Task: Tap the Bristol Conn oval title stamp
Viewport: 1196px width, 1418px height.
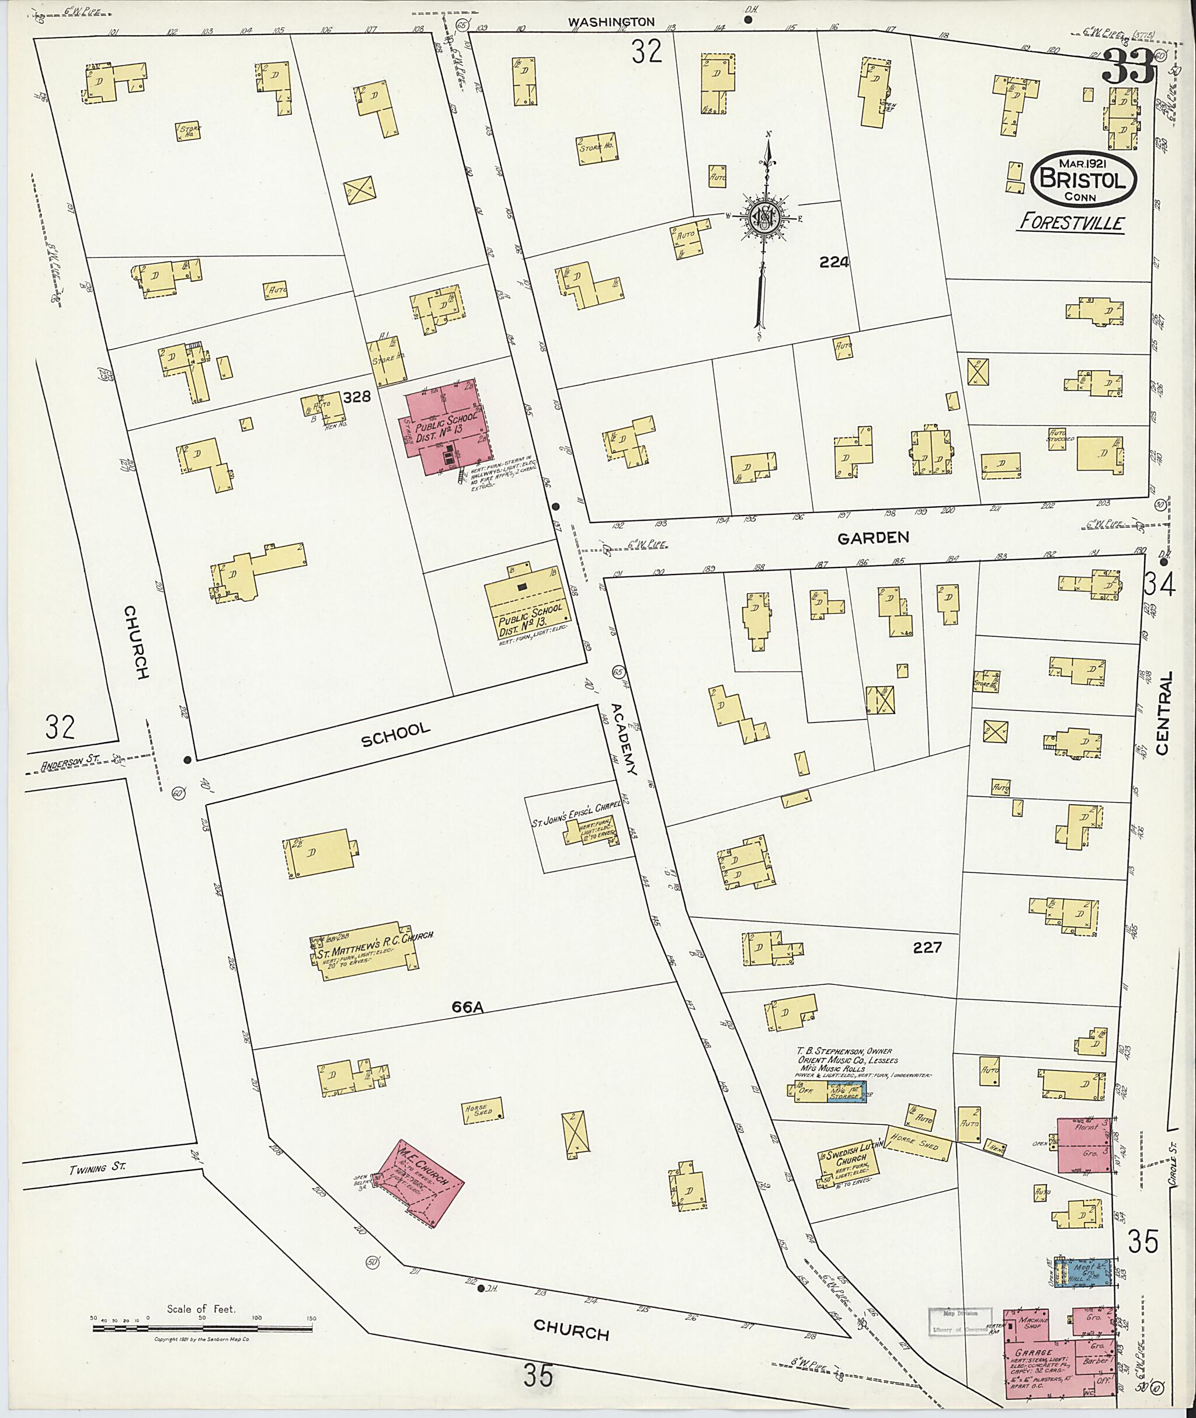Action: [x=1083, y=179]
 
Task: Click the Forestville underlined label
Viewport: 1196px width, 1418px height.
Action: [x=1070, y=223]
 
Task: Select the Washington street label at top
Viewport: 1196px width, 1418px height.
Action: [x=611, y=22]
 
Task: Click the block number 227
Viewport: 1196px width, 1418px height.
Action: [x=927, y=947]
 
